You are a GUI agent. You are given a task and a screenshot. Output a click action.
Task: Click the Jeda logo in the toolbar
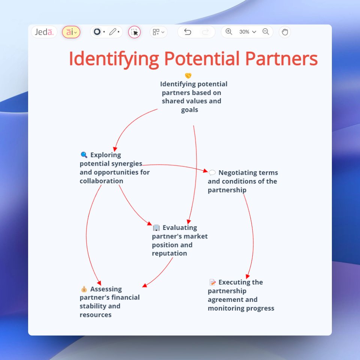tap(44, 32)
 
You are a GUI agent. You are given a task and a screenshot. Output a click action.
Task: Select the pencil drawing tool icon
tap(112, 32)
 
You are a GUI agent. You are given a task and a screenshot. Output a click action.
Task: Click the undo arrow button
tap(187, 32)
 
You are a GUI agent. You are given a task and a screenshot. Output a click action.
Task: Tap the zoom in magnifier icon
tap(229, 32)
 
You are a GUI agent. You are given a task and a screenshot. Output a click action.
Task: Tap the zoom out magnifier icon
tap(266, 32)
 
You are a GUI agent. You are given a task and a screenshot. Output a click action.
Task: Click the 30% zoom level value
tap(244, 32)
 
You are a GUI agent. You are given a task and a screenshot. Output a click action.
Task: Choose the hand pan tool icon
tap(285, 32)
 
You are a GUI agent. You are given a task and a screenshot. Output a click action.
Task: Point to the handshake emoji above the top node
tap(188, 76)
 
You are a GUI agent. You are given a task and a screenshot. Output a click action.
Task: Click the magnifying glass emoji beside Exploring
tap(84, 154)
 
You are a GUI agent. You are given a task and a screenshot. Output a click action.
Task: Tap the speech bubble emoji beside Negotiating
tap(212, 172)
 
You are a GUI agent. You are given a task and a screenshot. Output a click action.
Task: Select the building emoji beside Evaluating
tap(156, 228)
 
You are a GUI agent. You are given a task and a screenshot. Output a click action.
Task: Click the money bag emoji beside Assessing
tap(84, 289)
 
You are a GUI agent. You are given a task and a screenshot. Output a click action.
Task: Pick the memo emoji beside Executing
tap(212, 282)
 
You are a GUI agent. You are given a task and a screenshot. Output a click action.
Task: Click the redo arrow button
tap(205, 32)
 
